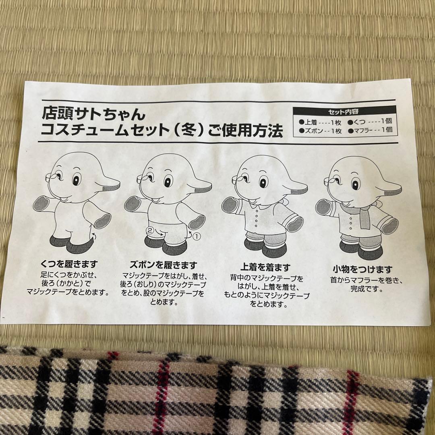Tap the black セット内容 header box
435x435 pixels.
pos(346,112)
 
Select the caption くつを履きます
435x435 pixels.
pos(69,264)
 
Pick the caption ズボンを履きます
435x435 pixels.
pos(163,265)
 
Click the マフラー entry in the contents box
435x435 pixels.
pos(365,130)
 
